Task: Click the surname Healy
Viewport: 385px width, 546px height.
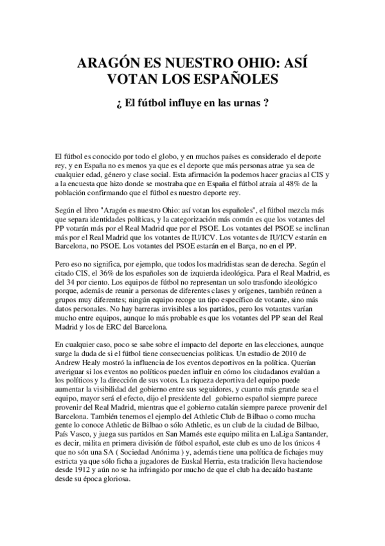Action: (99, 363)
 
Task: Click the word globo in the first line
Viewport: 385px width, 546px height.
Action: (152, 156)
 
